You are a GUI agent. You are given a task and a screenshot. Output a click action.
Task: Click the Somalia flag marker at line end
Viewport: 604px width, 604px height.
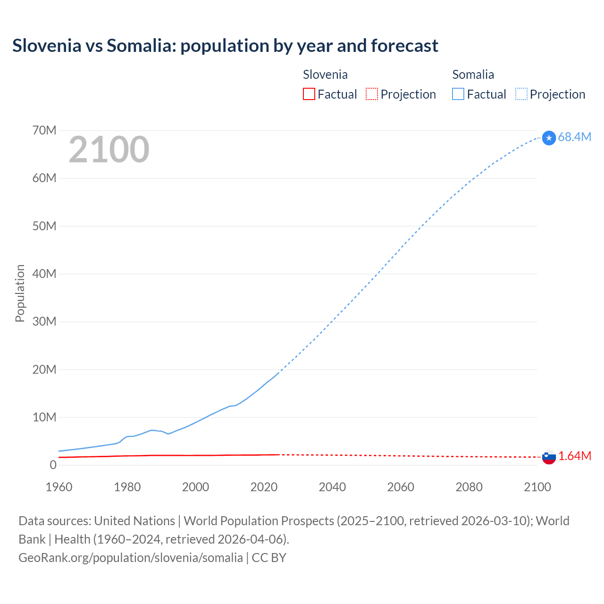(x=549, y=138)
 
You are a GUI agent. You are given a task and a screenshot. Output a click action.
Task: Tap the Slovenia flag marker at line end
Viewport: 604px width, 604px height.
(x=549, y=457)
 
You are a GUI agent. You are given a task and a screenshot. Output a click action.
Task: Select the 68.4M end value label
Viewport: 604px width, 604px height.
(x=574, y=137)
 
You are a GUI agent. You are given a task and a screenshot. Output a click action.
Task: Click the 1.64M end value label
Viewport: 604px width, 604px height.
(x=575, y=456)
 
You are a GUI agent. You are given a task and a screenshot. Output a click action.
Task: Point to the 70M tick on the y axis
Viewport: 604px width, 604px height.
(x=44, y=131)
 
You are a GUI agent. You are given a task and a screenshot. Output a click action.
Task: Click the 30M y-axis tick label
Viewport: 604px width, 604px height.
(x=44, y=322)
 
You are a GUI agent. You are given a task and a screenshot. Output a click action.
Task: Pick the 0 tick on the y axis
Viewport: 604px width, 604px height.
(x=53, y=465)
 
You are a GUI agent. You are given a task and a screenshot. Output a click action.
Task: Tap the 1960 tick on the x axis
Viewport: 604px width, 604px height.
(x=59, y=487)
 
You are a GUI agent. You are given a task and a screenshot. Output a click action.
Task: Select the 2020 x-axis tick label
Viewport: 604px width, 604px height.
(x=264, y=487)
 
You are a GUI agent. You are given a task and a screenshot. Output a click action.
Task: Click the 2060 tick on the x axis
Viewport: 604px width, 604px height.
(x=401, y=487)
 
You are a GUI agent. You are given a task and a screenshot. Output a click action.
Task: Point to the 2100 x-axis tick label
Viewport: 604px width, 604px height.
(x=537, y=487)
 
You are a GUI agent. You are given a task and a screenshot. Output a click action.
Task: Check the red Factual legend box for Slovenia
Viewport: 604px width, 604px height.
(x=309, y=94)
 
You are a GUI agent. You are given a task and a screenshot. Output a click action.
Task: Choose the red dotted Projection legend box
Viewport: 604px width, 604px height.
(x=372, y=94)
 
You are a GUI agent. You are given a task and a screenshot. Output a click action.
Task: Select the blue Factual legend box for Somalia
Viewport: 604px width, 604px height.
(x=458, y=94)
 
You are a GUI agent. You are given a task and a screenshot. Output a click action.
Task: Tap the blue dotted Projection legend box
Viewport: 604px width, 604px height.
(x=521, y=94)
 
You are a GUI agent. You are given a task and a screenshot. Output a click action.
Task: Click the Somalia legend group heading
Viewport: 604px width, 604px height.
(x=473, y=75)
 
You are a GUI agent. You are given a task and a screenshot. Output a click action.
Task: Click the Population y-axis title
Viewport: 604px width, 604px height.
(x=20, y=293)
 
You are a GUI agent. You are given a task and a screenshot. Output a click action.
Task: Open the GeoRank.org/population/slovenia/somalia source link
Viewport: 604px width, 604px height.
(x=131, y=558)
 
